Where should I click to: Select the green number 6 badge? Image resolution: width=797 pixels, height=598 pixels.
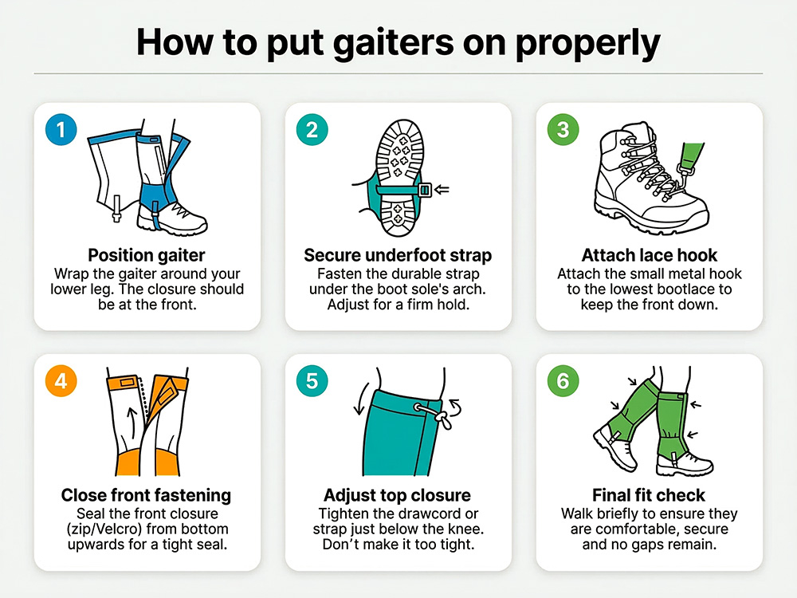click(563, 381)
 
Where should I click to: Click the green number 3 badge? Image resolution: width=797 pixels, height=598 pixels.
click(563, 129)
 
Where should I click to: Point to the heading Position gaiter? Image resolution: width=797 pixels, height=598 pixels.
click(147, 255)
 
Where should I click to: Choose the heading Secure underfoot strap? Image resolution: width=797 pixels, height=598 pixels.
click(398, 255)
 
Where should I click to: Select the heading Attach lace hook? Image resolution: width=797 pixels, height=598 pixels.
click(649, 255)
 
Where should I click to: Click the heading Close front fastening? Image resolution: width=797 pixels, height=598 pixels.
click(147, 495)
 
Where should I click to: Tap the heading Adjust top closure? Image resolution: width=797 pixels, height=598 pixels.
click(398, 495)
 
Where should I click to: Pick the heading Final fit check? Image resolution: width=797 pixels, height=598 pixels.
click(649, 495)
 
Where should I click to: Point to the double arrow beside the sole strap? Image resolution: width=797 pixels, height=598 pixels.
click(443, 190)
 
